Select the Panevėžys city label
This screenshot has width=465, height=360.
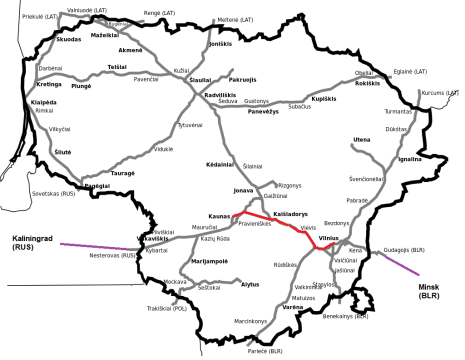(x=264, y=112)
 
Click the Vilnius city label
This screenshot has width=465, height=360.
(x=330, y=238)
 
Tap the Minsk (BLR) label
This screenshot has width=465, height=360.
(x=427, y=291)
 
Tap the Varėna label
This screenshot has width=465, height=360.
(x=291, y=306)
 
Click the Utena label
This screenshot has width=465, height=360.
(x=361, y=140)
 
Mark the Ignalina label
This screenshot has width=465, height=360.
(x=410, y=158)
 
